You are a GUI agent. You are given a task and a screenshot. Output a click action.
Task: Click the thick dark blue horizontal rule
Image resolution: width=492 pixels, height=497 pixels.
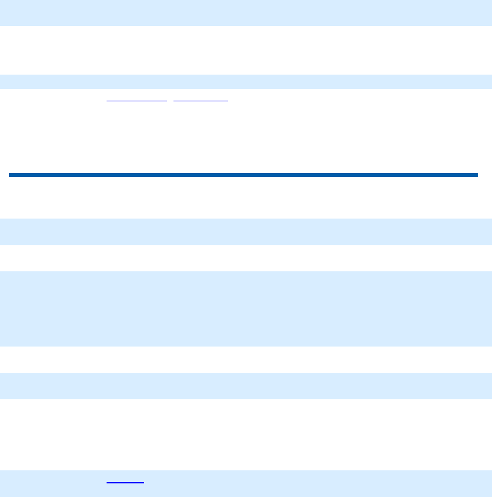243,175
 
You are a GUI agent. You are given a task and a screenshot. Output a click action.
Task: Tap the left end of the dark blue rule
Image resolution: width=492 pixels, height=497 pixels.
11,175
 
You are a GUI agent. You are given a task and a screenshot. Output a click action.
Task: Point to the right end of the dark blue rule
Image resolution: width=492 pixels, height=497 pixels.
475,175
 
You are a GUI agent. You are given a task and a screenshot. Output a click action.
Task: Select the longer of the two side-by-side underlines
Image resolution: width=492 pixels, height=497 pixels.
137,101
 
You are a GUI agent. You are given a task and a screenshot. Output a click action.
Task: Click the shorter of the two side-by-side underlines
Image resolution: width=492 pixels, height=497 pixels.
201,101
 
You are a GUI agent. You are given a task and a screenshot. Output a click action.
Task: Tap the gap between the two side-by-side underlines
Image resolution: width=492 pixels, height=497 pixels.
171,101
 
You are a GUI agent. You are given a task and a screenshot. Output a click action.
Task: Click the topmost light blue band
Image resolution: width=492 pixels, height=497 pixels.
246,12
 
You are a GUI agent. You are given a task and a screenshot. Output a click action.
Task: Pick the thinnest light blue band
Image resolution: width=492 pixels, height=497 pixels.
246,81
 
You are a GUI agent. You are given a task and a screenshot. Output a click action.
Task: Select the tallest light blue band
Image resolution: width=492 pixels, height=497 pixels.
246,309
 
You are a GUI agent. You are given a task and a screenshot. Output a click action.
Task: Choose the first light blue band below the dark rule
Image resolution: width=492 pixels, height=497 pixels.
246,232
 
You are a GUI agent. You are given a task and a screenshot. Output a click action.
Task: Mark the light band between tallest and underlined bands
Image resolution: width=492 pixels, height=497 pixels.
246,386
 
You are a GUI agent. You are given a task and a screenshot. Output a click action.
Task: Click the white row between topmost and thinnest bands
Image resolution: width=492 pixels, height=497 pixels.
246,50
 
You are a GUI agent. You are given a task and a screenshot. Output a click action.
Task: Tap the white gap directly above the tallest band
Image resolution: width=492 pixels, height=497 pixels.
246,258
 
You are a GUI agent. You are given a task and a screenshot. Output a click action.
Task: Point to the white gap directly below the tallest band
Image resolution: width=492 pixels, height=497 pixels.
246,360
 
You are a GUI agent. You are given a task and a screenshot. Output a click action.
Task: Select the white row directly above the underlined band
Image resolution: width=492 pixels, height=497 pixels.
246,434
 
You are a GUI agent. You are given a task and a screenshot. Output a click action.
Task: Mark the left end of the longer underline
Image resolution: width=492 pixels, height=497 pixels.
107,101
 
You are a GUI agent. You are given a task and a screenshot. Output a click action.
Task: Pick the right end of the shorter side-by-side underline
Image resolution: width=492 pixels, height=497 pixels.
227,101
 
